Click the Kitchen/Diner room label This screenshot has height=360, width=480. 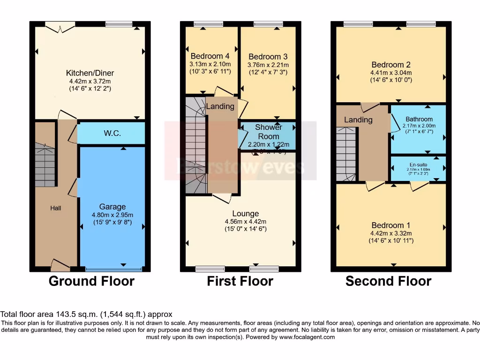90,73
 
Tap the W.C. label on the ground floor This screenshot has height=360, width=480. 112,134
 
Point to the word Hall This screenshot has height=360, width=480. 56,208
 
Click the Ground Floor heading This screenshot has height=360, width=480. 91,281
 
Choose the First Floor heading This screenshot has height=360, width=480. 240,281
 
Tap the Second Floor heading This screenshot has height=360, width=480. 388,281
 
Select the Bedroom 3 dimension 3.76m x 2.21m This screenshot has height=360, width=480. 268,65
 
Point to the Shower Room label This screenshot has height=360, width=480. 269,132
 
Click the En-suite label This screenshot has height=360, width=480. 419,165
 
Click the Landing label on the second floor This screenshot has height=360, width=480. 358,120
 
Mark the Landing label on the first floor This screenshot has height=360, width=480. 220,106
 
